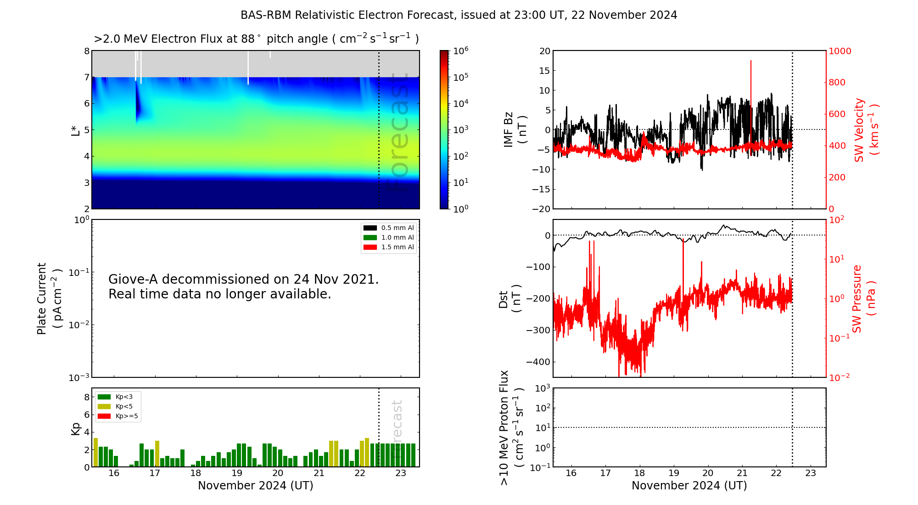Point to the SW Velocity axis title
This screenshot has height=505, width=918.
point(866,130)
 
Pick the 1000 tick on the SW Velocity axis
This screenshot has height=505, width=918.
point(840,51)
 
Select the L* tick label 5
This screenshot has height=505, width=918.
point(87,130)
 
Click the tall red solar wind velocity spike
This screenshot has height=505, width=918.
point(751,83)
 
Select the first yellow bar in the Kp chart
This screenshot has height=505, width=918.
point(96,452)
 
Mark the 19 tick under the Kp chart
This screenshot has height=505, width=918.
point(237,473)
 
